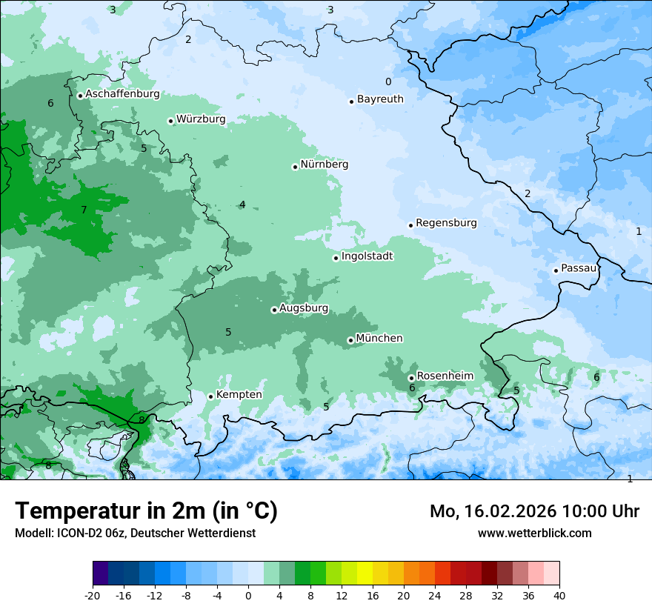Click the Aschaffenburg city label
point(122,94)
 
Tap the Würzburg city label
point(201,119)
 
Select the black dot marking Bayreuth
point(352,102)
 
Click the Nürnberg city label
point(324,164)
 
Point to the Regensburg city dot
point(410,225)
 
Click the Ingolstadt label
point(367,256)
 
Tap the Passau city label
point(579,268)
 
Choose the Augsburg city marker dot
point(274,310)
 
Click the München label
point(379,339)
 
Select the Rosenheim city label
point(445,376)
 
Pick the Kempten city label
point(239,395)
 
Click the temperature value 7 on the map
point(84,210)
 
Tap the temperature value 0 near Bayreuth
point(387,82)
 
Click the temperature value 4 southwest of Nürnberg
point(242,205)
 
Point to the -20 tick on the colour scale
point(93,595)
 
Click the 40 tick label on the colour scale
point(559,595)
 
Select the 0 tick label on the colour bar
point(248,595)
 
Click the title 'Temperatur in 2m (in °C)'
point(146,511)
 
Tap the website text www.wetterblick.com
point(534,533)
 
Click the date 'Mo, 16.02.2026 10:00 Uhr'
point(534,511)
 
